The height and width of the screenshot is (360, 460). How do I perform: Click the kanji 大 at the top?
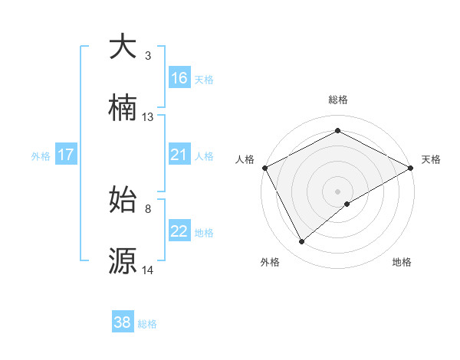(123, 47)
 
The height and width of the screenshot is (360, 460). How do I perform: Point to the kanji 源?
(123, 260)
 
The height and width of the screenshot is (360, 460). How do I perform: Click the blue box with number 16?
(179, 78)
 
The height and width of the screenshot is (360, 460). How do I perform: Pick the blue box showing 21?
(179, 155)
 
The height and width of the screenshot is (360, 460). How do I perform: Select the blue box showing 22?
(179, 232)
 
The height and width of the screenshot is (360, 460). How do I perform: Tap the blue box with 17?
(66, 155)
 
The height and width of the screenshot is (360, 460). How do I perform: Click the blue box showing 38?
(123, 322)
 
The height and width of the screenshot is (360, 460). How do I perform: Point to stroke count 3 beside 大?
(148, 56)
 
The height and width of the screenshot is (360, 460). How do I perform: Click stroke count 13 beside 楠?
(148, 117)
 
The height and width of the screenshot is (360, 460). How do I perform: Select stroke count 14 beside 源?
(148, 270)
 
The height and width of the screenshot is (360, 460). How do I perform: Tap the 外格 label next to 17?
(41, 156)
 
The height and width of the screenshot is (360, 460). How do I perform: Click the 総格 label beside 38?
(147, 324)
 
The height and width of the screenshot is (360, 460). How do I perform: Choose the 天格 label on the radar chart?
(431, 159)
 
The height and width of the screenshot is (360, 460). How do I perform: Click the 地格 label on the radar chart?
(402, 262)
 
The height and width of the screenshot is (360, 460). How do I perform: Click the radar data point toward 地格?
(347, 204)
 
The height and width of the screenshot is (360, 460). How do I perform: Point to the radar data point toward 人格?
(264, 167)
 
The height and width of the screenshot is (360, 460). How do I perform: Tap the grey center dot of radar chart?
(337, 191)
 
